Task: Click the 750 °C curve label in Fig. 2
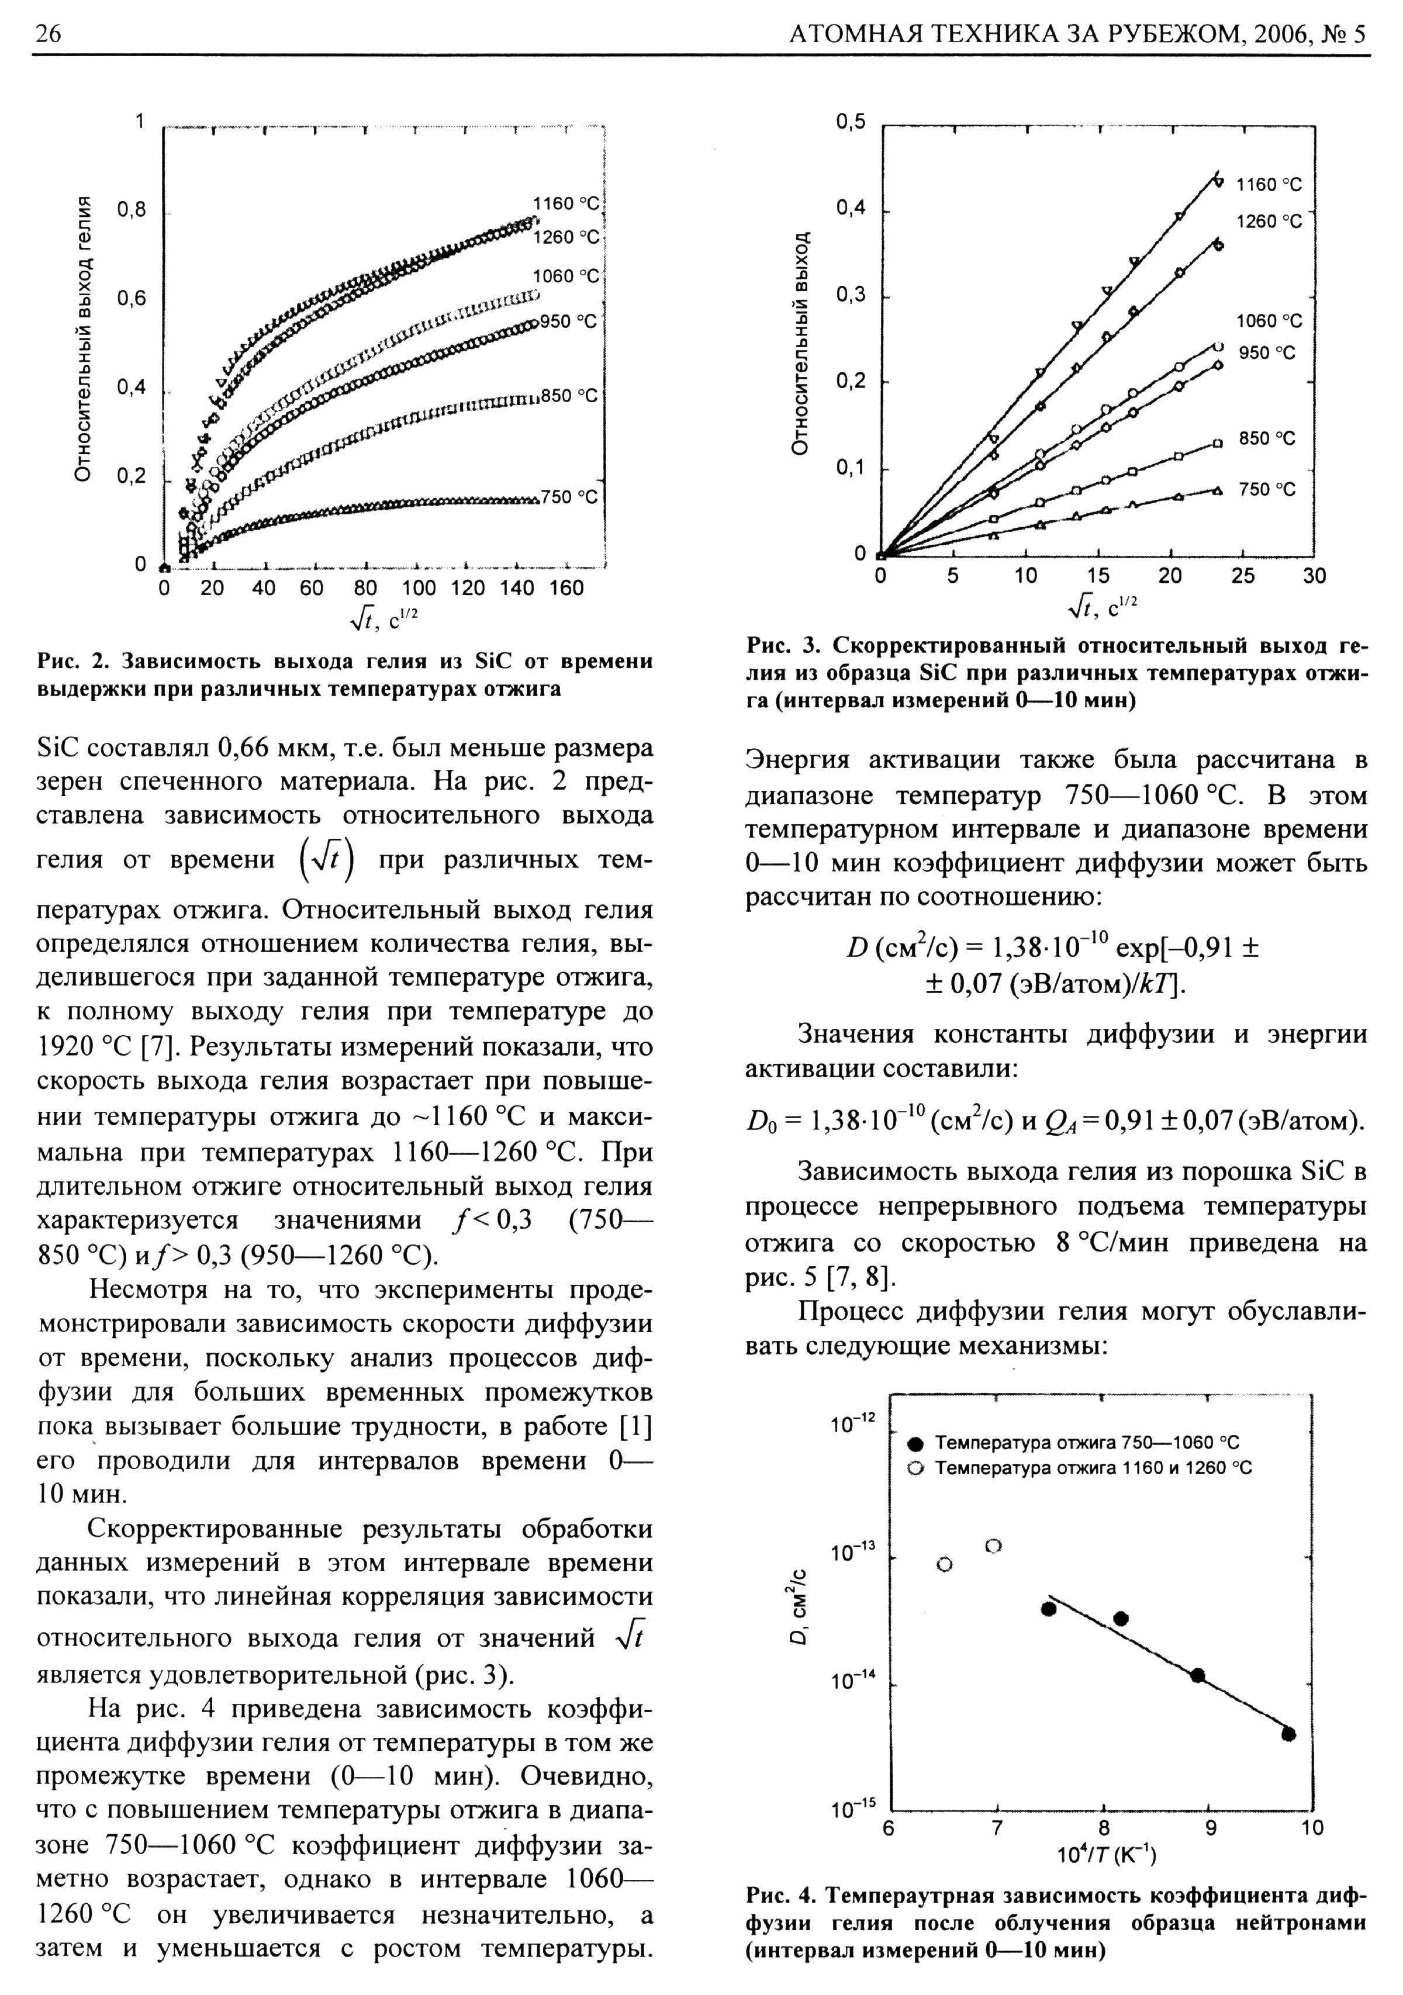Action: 569,497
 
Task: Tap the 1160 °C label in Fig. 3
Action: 1269,185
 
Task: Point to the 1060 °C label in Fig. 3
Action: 1269,321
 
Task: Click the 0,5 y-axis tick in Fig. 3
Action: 851,123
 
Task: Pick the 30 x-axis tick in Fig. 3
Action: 1314,576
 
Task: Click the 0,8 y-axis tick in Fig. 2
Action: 132,210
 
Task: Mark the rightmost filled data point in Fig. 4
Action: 1288,1734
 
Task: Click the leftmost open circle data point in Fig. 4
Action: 945,1565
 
